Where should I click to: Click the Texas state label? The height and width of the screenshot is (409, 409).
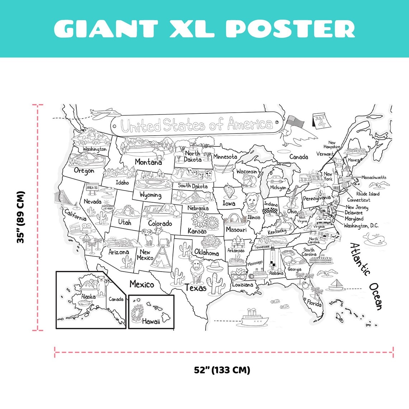point(196,288)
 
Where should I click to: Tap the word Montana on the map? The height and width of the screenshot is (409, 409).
point(148,162)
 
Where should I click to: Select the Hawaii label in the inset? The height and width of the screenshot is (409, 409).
point(151,321)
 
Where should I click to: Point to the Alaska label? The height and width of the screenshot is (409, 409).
point(88,296)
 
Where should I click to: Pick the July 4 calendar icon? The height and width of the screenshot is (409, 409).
point(319,121)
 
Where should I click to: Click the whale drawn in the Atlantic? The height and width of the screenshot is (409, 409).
point(373,239)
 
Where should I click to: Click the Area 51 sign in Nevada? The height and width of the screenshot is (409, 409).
point(92,188)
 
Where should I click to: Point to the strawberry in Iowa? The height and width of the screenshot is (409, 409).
point(229,191)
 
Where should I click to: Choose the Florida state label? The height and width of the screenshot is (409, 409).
point(314,304)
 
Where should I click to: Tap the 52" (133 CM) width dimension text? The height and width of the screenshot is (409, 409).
point(222,370)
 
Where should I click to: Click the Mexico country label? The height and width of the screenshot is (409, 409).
point(142,285)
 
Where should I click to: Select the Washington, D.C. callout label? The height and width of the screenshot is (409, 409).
point(361,226)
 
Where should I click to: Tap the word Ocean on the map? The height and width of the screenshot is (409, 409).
point(376,296)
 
